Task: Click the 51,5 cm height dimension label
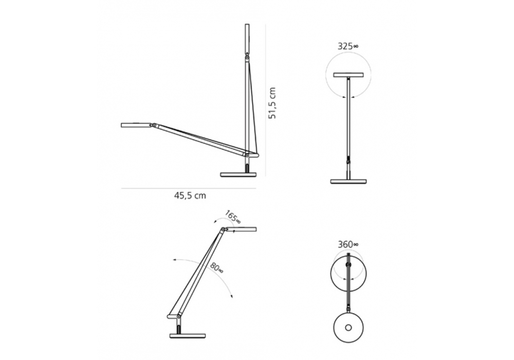coord(272,103)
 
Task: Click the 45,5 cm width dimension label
coord(190,196)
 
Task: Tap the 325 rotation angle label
coord(348,46)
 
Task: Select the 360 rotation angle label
coord(348,244)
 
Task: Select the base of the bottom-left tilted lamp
coord(188,335)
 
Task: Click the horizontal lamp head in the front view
coord(348,75)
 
